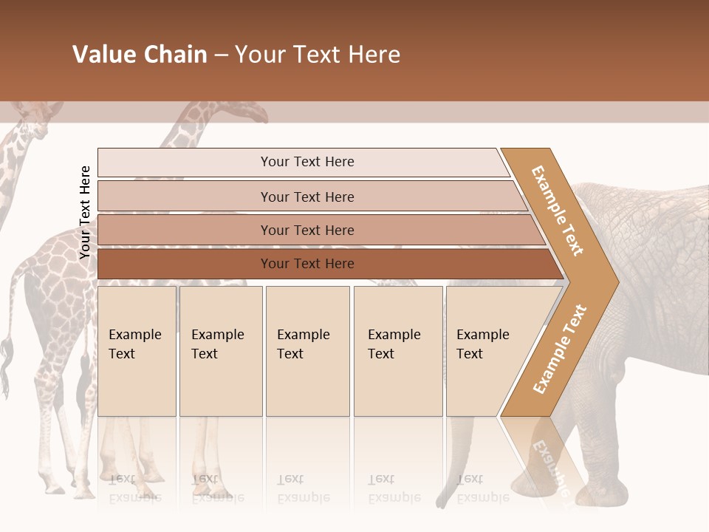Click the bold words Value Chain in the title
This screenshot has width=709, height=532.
[140, 55]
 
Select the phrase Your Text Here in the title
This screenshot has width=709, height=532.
[318, 55]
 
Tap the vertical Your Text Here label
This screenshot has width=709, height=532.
[85, 213]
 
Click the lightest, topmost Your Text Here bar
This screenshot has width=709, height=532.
[306, 162]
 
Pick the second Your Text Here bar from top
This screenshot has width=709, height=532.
[306, 197]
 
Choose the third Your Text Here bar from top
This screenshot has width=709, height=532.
[306, 230]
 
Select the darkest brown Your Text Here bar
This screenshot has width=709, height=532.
[306, 264]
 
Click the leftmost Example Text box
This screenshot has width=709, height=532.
[137, 351]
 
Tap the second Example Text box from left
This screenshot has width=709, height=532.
[220, 351]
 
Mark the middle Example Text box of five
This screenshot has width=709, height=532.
[307, 351]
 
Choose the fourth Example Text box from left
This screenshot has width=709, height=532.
[397, 351]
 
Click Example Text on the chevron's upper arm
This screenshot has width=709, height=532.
[558, 211]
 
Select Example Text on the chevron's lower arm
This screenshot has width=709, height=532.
[560, 349]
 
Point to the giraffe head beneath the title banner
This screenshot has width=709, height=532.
[247, 112]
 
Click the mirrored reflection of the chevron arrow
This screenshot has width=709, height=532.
[547, 458]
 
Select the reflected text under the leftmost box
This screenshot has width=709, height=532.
[134, 488]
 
